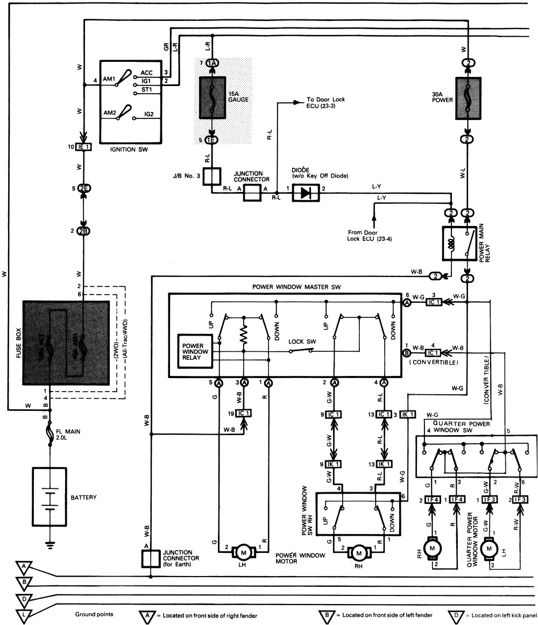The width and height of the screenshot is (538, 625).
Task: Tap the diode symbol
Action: (306, 194)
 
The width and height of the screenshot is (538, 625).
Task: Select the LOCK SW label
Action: (301, 340)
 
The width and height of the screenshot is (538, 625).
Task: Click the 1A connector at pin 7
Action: (212, 63)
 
